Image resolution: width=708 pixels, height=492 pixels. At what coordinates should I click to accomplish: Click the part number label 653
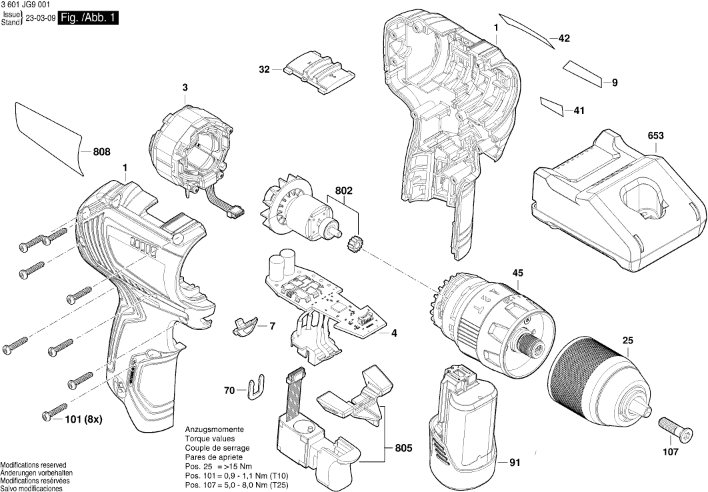click(655, 136)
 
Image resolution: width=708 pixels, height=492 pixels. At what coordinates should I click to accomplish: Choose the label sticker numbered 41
click(552, 105)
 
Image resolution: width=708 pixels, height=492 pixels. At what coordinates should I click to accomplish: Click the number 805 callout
click(403, 448)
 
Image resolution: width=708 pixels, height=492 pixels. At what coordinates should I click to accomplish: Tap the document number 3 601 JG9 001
click(25, 5)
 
